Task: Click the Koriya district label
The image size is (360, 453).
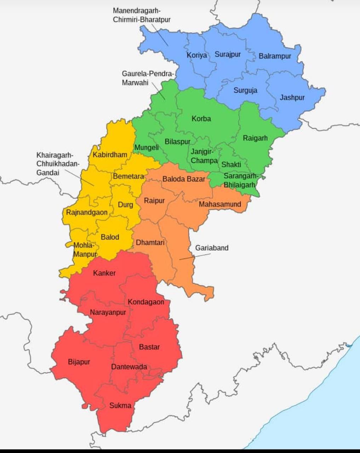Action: (197, 56)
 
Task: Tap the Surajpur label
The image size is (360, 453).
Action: (228, 55)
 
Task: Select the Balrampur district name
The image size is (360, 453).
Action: (275, 56)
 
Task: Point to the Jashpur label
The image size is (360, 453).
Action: (292, 98)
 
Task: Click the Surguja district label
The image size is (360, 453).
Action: (245, 90)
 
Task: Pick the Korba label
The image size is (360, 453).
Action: (201, 119)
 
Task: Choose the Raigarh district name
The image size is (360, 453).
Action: (255, 138)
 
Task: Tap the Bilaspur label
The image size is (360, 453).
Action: (178, 142)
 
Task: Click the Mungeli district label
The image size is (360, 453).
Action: (147, 147)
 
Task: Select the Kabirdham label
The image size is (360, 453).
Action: (110, 155)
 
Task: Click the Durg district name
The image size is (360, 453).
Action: (125, 205)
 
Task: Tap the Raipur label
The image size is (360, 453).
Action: (154, 201)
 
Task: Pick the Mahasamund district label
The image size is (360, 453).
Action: (220, 204)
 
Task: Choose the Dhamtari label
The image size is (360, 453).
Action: (150, 243)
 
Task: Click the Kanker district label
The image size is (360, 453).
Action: (104, 273)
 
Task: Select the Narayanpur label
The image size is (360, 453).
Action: (108, 312)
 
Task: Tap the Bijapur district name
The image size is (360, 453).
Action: (79, 362)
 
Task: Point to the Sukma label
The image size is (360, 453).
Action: (120, 406)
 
